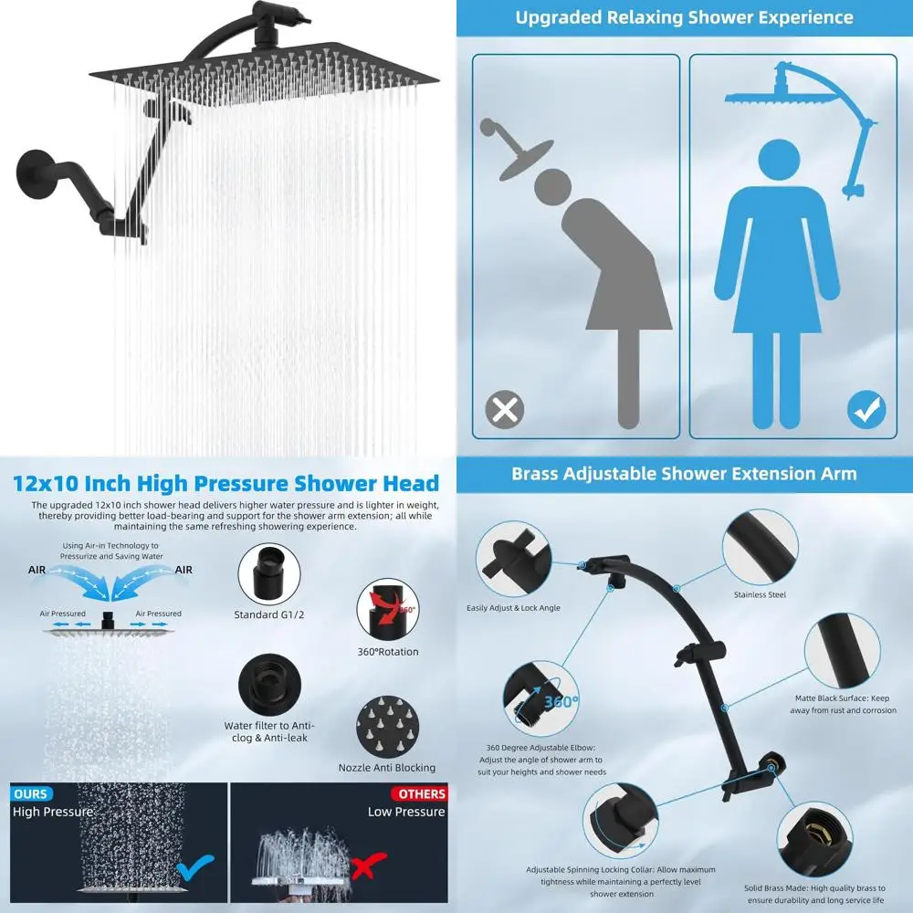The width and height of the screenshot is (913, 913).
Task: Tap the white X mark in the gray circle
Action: [504, 410]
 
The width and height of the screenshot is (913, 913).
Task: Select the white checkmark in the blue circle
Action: [866, 410]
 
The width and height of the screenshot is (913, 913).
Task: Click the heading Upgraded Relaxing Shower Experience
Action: [685, 17]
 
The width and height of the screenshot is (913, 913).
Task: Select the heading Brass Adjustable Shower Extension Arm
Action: [684, 473]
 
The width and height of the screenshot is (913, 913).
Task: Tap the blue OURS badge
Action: [30, 793]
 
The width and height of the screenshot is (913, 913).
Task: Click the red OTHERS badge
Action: [422, 793]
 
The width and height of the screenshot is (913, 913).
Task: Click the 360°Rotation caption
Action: [387, 652]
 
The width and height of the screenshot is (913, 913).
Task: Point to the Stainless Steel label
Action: [760, 594]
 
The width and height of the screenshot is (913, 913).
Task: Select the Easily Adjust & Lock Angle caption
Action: [513, 607]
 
